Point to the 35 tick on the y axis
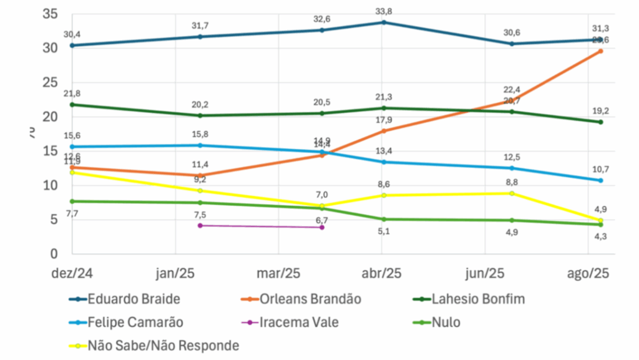point(50,14)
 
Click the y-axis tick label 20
point(50,117)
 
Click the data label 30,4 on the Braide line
point(72,35)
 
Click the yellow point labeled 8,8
point(512,193)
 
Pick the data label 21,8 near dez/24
point(72,94)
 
